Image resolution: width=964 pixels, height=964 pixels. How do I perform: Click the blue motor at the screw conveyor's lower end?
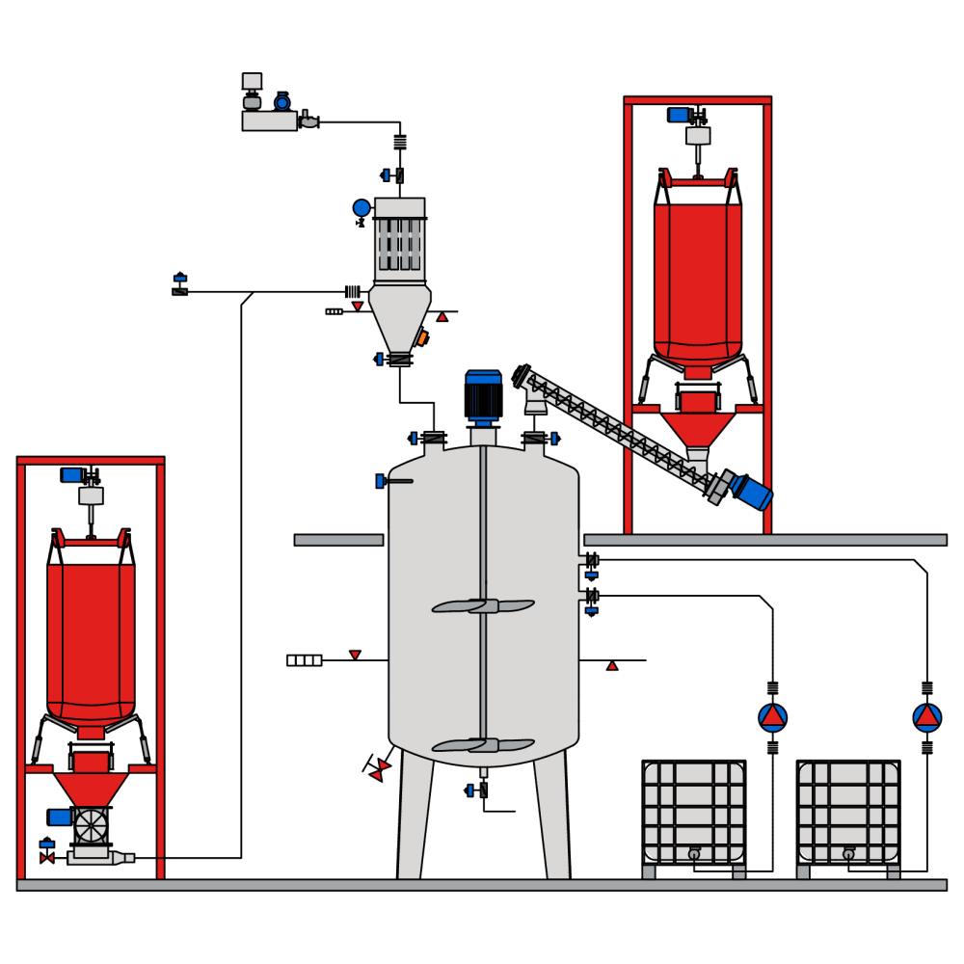752,491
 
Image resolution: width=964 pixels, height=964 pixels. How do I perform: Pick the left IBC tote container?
694,810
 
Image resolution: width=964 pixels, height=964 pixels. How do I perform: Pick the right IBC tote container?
848,810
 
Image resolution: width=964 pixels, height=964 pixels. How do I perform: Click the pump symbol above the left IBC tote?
772,717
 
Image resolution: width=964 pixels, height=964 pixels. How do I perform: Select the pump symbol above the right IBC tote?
927,717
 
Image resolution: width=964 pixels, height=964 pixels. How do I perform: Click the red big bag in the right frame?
698,280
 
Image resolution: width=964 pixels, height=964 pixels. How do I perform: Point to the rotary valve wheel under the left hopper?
92,825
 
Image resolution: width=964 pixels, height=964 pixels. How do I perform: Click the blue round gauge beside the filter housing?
361,207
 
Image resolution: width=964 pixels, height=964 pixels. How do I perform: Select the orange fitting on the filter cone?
422,338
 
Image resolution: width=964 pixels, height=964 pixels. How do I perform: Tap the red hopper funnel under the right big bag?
698,429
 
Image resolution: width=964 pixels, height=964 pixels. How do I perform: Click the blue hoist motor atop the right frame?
679,115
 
